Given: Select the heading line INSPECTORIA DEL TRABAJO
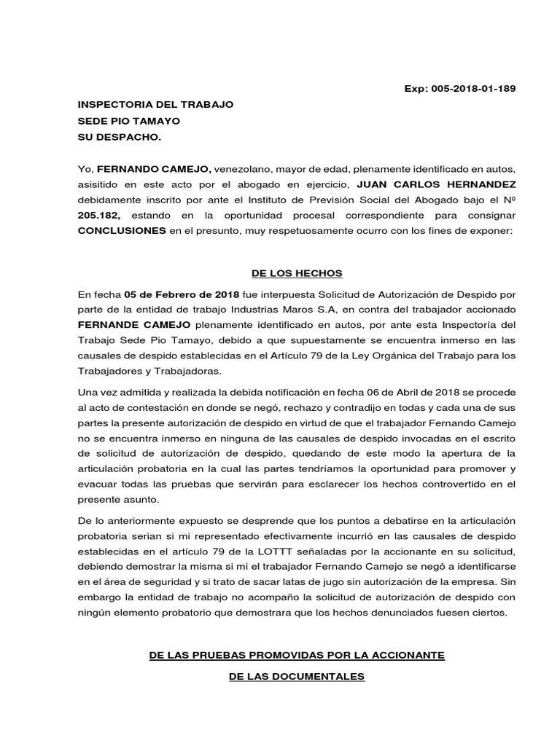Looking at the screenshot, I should pyautogui.click(x=155, y=105).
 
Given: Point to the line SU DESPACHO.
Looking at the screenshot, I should pyautogui.click(x=118, y=137).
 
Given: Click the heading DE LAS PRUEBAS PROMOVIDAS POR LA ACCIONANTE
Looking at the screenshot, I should pyautogui.click(x=296, y=656).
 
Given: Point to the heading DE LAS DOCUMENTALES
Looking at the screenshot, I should pyautogui.click(x=296, y=677).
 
